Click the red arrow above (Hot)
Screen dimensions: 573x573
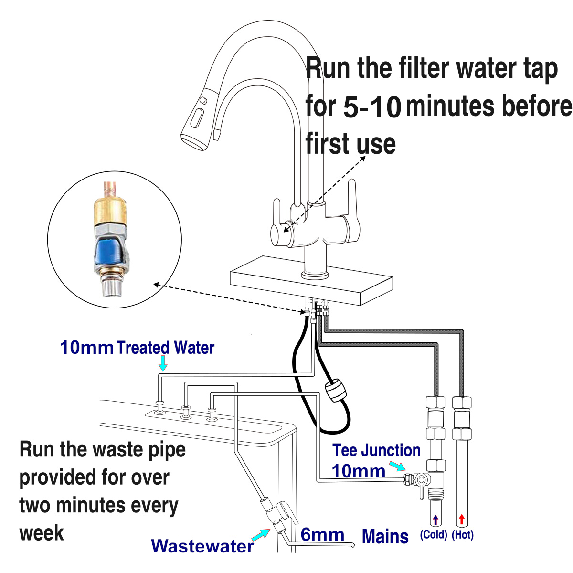(x=461, y=519)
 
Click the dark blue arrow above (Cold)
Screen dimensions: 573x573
(x=435, y=520)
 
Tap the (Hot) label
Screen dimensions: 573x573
(x=462, y=535)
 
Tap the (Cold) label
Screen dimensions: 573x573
(x=434, y=535)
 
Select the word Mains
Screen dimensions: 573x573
(x=385, y=536)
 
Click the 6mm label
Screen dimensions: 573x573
(x=322, y=535)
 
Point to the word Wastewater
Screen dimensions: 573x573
(x=202, y=546)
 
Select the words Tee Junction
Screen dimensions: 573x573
(x=376, y=450)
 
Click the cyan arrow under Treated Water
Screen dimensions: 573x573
(x=163, y=364)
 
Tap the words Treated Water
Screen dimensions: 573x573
(x=165, y=348)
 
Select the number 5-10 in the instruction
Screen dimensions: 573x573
(x=372, y=107)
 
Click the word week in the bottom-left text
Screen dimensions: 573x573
(x=42, y=533)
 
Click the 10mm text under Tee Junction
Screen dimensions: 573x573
(x=358, y=471)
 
